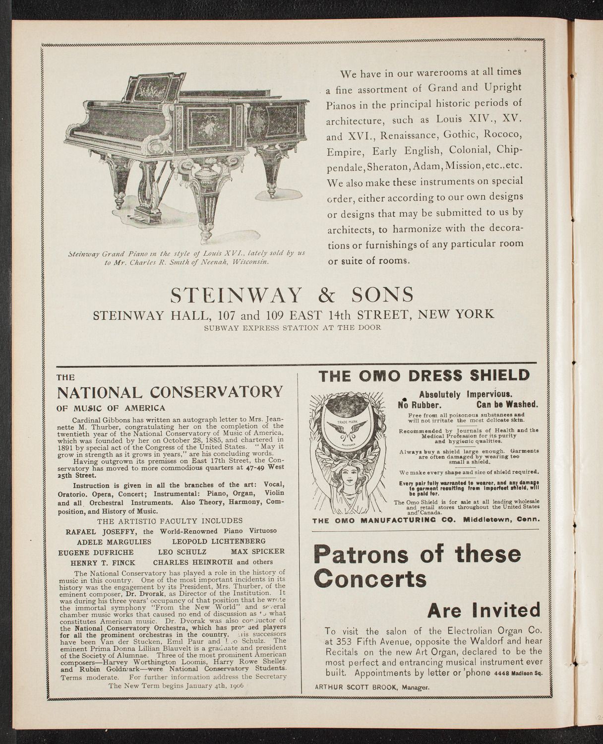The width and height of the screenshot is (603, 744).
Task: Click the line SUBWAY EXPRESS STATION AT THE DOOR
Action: (x=292, y=327)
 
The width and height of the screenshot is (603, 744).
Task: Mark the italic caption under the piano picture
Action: (x=187, y=257)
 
